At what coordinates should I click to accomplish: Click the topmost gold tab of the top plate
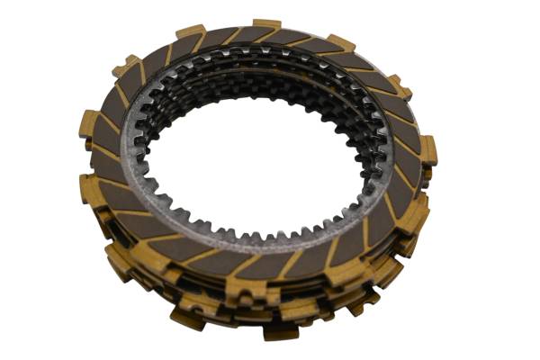[266, 24]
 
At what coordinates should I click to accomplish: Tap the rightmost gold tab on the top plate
[428, 149]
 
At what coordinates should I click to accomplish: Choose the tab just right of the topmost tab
[339, 42]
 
